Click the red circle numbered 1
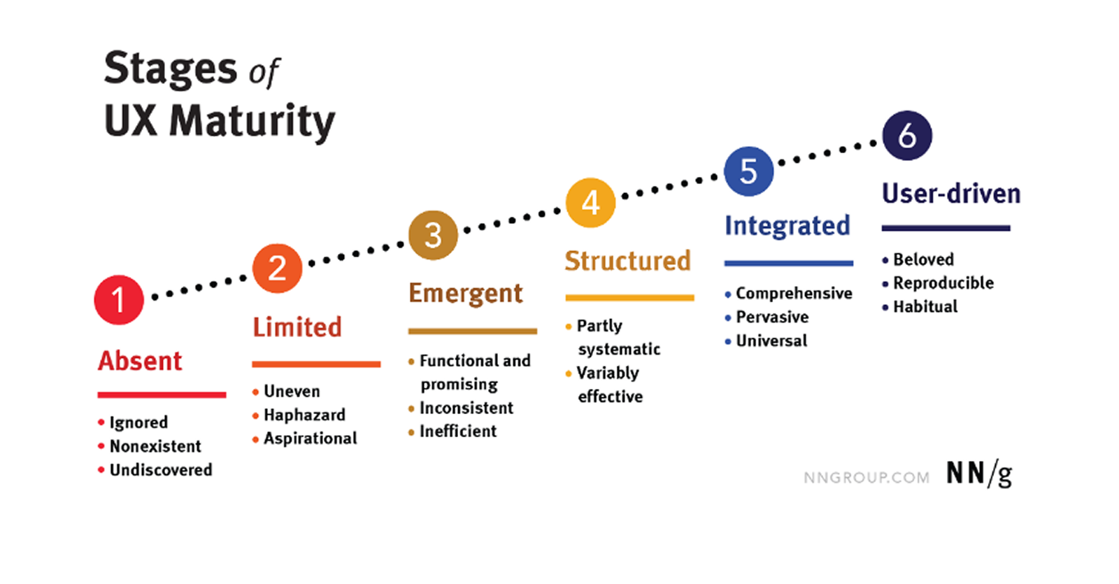point(119,300)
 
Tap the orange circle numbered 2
point(277,269)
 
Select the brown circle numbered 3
point(433,235)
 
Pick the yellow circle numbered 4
point(590,203)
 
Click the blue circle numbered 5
point(748,171)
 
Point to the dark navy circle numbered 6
point(907,136)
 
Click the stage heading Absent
point(140,361)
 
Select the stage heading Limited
point(297,327)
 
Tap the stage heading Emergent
point(466,294)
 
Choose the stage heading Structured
point(627,261)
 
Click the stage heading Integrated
point(787,226)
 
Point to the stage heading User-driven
point(951,193)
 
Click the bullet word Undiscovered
point(161,469)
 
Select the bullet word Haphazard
point(305,415)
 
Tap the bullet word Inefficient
point(458,431)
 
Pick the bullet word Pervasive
point(772,317)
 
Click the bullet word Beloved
point(924,259)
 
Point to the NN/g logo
point(979,473)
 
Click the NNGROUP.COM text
point(867,478)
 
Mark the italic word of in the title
point(264,73)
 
